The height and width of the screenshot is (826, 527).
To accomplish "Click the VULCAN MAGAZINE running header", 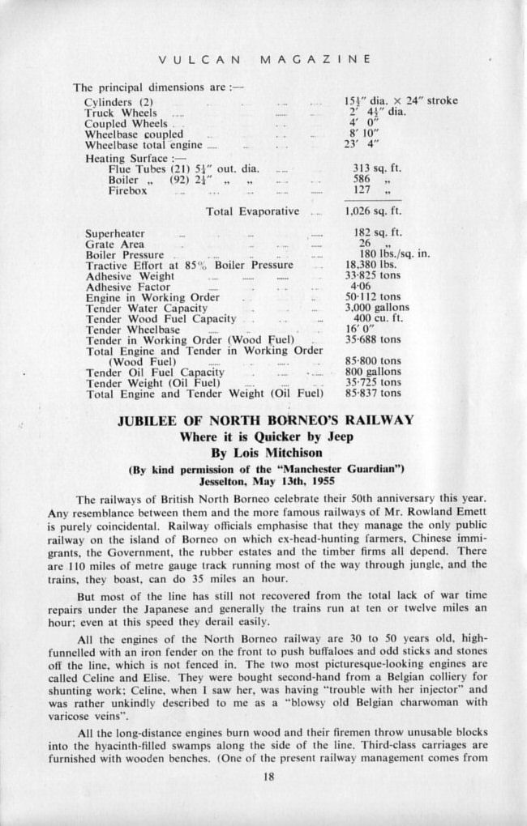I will click(265, 59).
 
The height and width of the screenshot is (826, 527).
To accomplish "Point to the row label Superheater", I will click(115, 232).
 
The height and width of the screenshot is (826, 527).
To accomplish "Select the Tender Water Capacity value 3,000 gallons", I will click(376, 308).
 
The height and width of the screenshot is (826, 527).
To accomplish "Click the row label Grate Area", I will click(114, 243).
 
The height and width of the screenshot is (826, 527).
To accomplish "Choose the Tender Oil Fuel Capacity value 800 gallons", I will click(372, 372).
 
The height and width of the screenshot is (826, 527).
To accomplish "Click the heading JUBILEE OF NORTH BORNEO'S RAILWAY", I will click(265, 420).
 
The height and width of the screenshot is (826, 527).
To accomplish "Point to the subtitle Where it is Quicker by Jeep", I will click(265, 436).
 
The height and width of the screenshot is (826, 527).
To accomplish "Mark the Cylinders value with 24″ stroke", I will click(401, 101).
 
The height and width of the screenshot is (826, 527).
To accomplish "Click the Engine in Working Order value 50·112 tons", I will click(373, 297).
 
